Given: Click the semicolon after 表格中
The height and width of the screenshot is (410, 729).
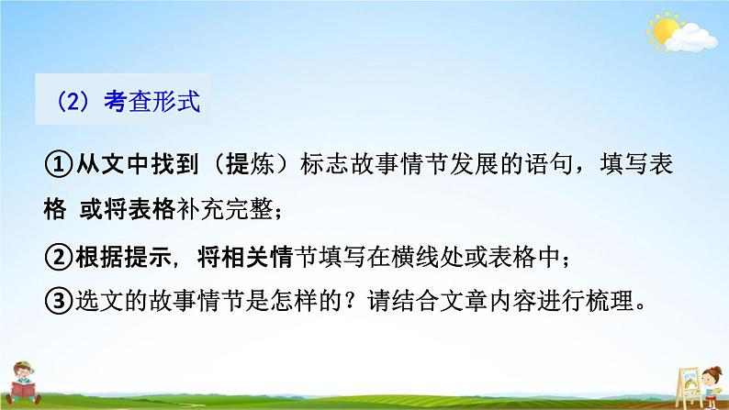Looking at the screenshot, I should (x=572, y=260).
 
